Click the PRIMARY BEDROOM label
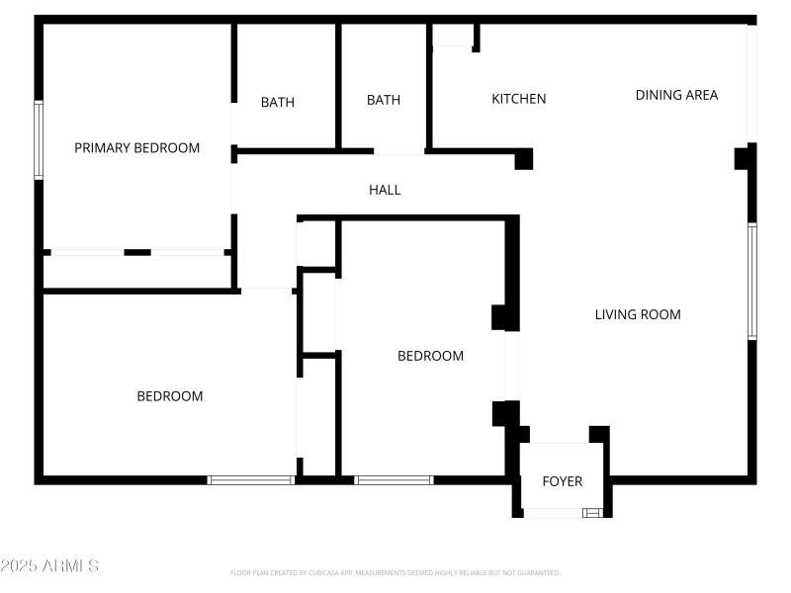pyautogui.click(x=136, y=148)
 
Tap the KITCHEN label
pyautogui.click(x=519, y=99)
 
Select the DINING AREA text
pyautogui.click(x=676, y=95)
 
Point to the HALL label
pyautogui.click(x=385, y=190)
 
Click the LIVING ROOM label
pyautogui.click(x=638, y=314)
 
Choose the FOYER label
pyautogui.click(x=563, y=481)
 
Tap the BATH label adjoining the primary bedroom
pyautogui.click(x=278, y=102)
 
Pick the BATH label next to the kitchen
pyautogui.click(x=384, y=100)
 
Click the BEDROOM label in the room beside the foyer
pyautogui.click(x=430, y=356)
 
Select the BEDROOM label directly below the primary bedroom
pyautogui.click(x=169, y=396)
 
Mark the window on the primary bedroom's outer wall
pyautogui.click(x=39, y=139)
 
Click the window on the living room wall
pyautogui.click(x=752, y=282)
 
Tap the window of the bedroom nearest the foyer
pyautogui.click(x=394, y=480)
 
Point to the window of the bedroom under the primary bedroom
pyautogui.click(x=251, y=480)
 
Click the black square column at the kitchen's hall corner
pyautogui.click(x=524, y=159)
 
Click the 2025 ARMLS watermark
pyautogui.click(x=49, y=566)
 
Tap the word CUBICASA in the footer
pyautogui.click(x=346, y=572)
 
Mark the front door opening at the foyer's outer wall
pyautogui.click(x=553, y=513)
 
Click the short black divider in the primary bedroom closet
pyautogui.click(x=137, y=253)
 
